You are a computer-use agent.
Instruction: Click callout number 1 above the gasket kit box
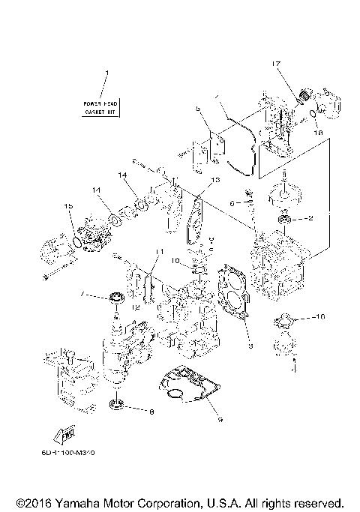106,73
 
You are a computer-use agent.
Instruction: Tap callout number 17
276,66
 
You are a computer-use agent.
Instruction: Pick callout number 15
68,206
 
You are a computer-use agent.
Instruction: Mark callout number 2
311,219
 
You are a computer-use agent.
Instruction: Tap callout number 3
251,346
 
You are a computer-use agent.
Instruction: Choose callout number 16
322,318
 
